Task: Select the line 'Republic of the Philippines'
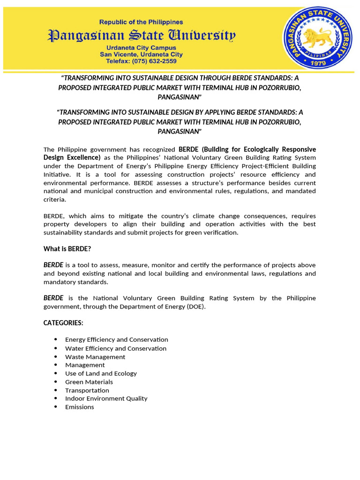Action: point(141,22)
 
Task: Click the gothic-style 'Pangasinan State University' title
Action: point(141,35)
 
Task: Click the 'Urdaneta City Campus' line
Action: point(141,48)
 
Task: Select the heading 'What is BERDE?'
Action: point(67,249)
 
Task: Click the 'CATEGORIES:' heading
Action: point(63,323)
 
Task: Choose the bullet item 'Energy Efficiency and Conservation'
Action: point(116,339)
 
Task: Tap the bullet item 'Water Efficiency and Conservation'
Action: point(115,348)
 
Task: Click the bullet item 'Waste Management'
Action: point(95,357)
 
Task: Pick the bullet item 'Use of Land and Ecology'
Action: point(101,374)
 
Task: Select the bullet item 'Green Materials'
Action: point(89,382)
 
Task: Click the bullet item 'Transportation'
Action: point(87,390)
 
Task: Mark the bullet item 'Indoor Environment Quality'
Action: point(106,398)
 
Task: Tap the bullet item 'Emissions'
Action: point(79,407)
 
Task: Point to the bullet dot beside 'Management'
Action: point(56,365)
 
